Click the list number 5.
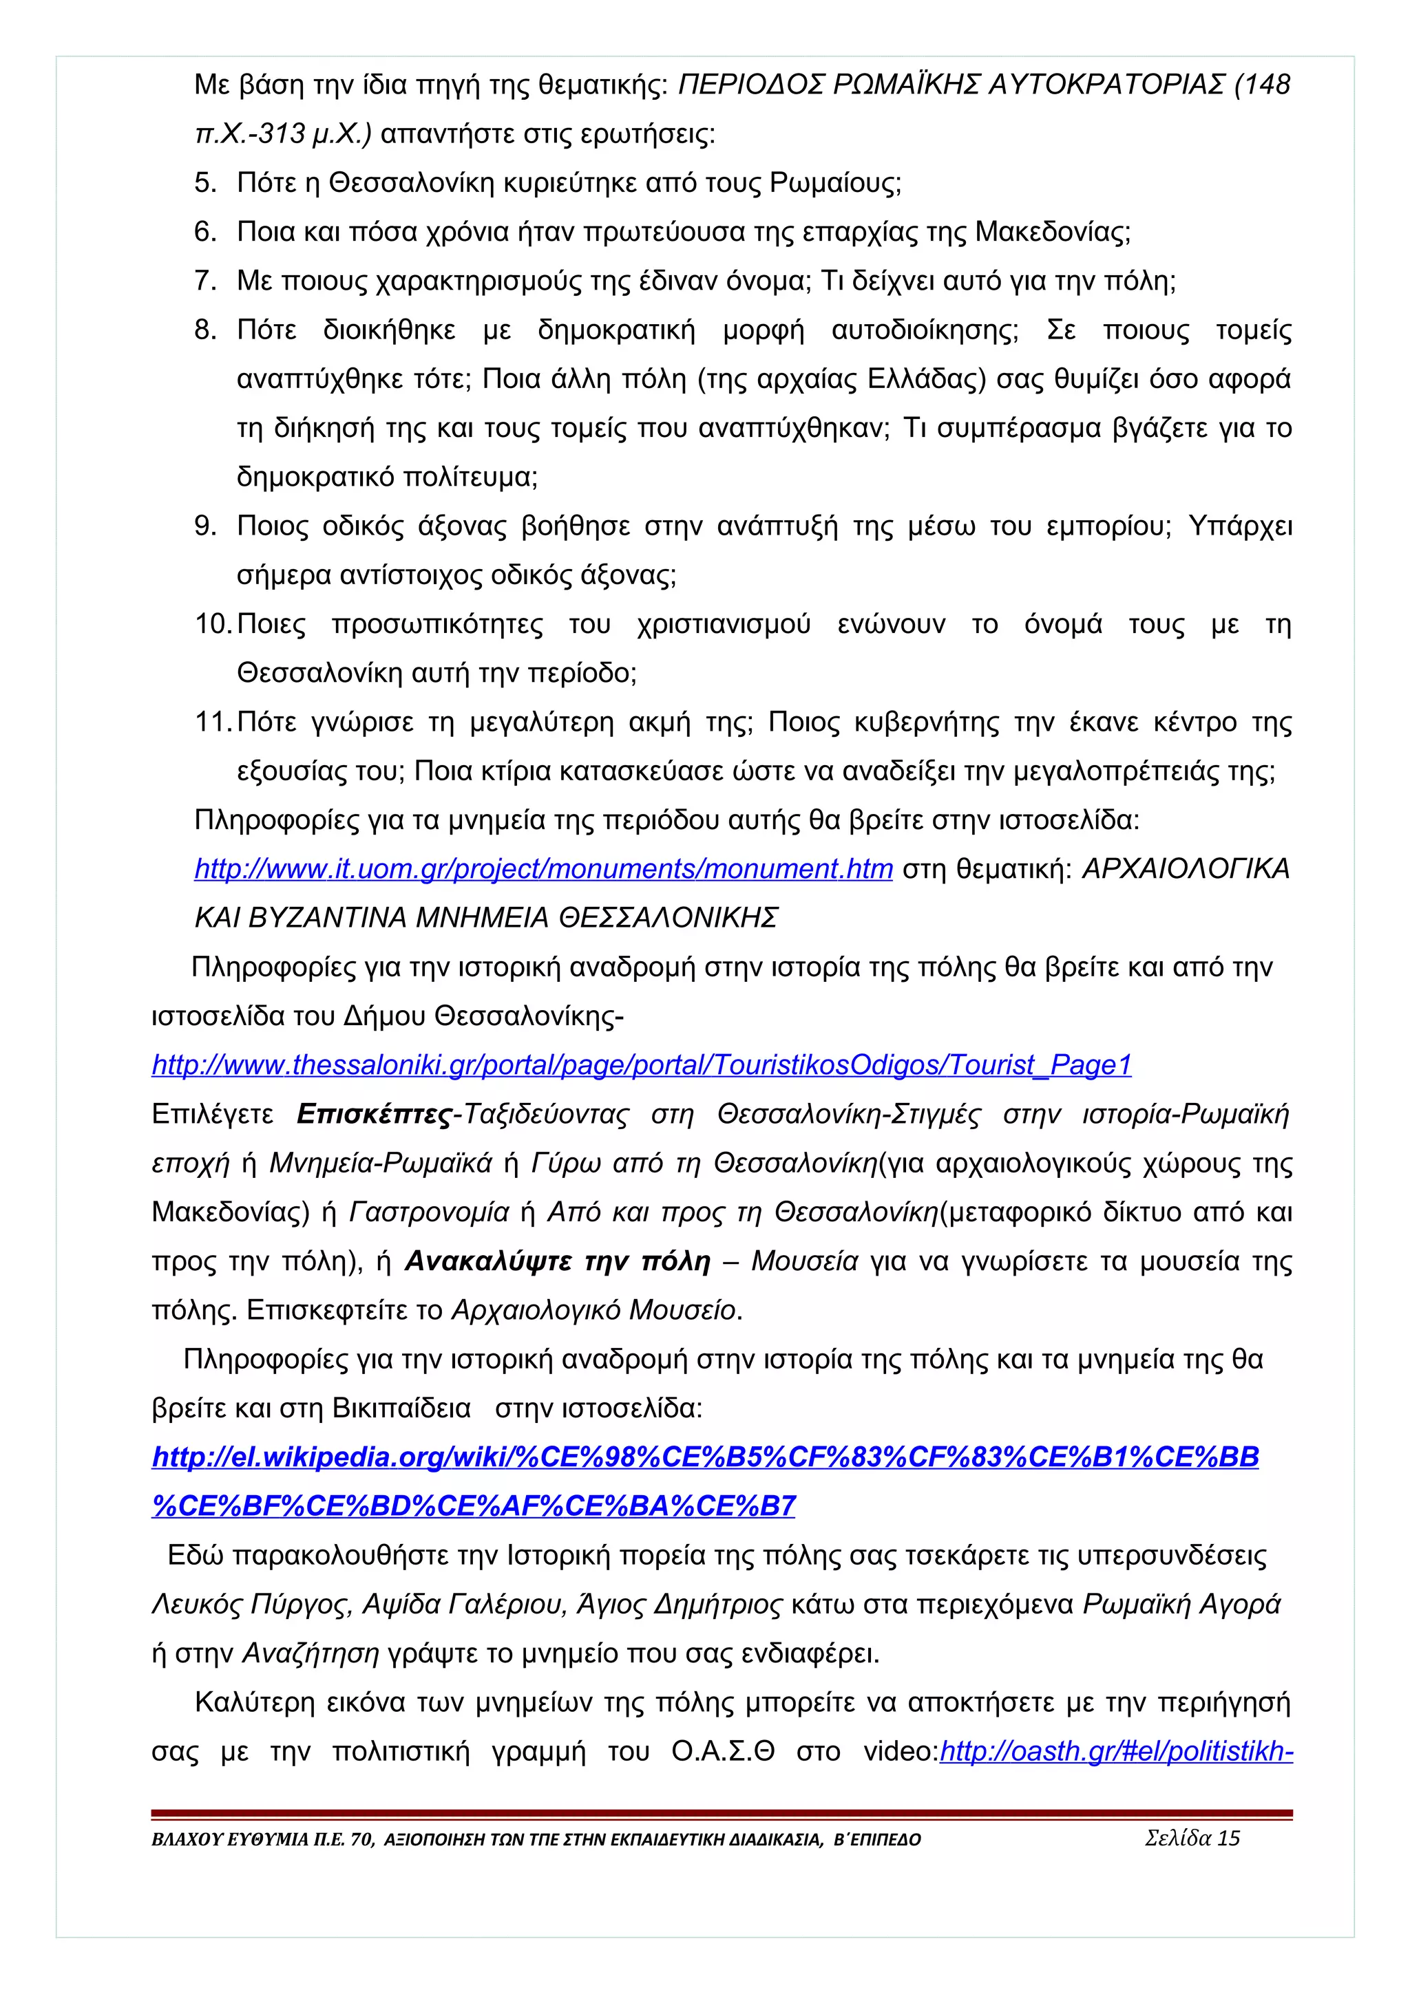(x=204, y=183)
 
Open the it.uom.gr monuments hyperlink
(x=543, y=869)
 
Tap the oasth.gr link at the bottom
(x=1116, y=1752)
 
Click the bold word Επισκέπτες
(x=374, y=1114)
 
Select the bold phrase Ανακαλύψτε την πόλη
(x=557, y=1261)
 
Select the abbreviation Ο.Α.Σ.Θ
(x=723, y=1752)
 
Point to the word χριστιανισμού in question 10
(x=723, y=625)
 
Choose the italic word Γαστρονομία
(x=429, y=1212)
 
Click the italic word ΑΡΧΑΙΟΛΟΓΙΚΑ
(x=1185, y=869)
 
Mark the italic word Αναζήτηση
(x=310, y=1653)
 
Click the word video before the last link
(x=898, y=1752)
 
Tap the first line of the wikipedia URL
(x=704, y=1457)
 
